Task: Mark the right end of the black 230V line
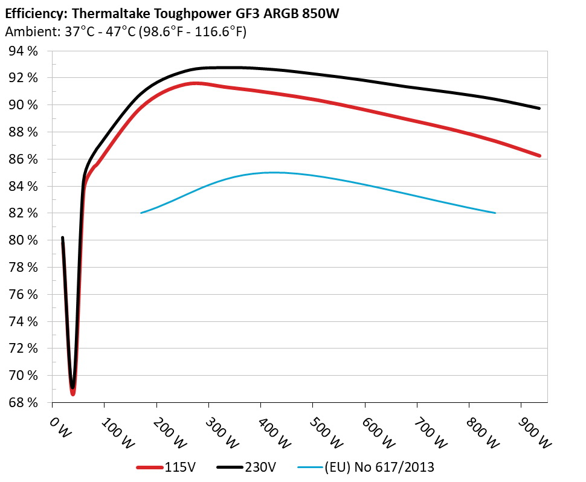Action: [x=539, y=108]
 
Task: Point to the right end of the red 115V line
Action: [x=539, y=156]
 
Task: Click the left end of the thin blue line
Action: [x=141, y=213]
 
